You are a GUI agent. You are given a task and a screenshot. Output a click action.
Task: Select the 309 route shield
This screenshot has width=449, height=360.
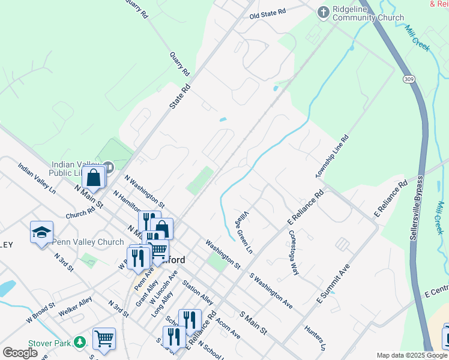408,79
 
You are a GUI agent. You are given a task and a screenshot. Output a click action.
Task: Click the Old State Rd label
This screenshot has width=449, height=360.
268,13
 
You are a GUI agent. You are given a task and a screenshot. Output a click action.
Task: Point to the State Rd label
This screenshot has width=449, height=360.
179,95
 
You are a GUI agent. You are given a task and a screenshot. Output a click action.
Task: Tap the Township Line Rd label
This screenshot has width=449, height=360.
332,156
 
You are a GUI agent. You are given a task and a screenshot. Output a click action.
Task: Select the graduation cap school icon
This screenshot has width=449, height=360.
41,233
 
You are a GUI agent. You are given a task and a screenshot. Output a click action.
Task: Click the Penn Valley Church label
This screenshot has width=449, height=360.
88,242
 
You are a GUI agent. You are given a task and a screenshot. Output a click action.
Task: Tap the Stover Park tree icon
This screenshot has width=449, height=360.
80,343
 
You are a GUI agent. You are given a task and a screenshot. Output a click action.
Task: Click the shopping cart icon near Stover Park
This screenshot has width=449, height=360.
104,338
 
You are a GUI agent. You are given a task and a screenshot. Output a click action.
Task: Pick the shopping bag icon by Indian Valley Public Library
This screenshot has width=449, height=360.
94,178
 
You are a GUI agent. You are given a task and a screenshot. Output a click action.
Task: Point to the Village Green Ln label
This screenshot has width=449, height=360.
243,230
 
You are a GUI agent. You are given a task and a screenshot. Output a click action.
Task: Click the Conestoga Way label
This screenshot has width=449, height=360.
294,252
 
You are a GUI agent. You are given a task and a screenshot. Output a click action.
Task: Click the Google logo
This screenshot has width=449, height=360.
20,353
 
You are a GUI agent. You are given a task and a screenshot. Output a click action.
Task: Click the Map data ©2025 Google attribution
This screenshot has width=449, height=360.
411,355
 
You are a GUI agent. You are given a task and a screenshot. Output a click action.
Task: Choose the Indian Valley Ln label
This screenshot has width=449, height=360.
37,178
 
